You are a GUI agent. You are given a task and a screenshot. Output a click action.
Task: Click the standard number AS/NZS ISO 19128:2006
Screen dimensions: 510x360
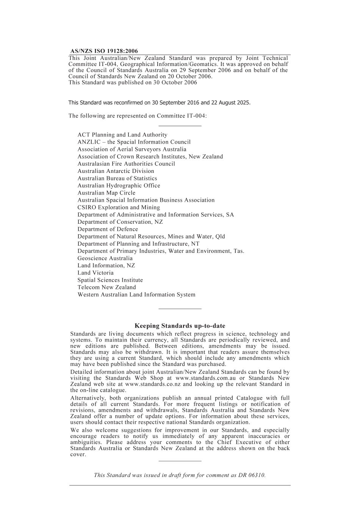[x=104, y=51]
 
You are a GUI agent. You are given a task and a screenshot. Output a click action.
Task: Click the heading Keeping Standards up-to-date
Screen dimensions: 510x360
[x=180, y=326]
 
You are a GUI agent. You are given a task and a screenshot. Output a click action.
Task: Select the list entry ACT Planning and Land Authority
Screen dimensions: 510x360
[x=122, y=135]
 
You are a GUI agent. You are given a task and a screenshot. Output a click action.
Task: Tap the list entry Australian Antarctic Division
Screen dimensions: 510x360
[x=116, y=171]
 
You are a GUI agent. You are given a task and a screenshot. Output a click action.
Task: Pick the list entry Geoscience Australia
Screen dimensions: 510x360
[x=105, y=258]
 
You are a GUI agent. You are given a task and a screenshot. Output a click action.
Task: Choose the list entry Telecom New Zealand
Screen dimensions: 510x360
[x=107, y=287]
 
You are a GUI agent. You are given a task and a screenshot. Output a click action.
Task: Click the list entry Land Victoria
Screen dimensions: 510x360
[x=95, y=273]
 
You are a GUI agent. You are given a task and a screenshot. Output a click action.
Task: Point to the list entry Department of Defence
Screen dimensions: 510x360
[x=108, y=229]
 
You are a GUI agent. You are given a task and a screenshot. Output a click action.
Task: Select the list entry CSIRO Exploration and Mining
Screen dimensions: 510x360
[x=119, y=207]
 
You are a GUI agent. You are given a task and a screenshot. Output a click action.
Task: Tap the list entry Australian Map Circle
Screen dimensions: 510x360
[x=106, y=193]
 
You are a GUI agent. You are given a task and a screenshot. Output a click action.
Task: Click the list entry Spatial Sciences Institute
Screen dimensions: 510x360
[x=110, y=280]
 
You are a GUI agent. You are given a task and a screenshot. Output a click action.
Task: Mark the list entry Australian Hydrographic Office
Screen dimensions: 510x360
[x=119, y=185]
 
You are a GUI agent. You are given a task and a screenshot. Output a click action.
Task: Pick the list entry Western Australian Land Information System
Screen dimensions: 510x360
[x=137, y=295]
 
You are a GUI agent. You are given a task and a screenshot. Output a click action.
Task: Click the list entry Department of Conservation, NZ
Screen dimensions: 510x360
[x=121, y=222]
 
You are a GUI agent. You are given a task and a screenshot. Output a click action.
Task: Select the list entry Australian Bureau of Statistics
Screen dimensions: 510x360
[x=117, y=178]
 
